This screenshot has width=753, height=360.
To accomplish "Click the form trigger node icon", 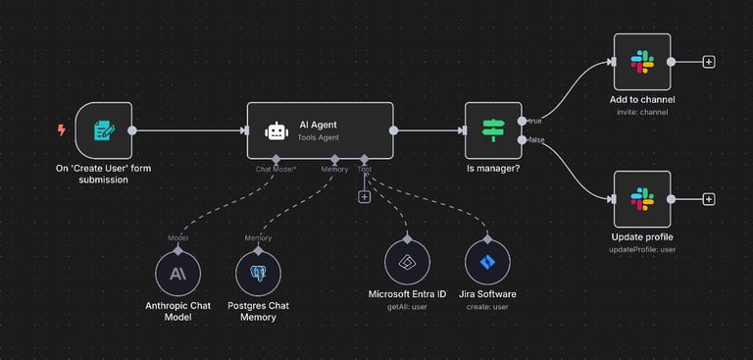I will tap(102, 129).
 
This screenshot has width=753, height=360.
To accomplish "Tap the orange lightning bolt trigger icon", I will tap(62, 129).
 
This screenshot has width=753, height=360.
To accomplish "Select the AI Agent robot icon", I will tap(276, 130).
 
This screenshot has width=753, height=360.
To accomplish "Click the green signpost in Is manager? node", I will tap(492, 129).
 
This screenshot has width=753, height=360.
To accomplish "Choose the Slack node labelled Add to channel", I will tap(642, 62).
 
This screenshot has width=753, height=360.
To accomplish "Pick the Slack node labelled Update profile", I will tap(642, 199).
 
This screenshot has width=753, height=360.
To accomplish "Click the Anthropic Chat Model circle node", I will tap(177, 274).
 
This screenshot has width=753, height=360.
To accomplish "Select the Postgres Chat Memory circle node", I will tap(259, 274).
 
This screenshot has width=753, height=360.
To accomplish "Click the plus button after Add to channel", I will tap(709, 62).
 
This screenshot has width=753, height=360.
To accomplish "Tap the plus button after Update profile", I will tap(709, 199).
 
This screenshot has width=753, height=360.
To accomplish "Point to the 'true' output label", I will tap(535, 121).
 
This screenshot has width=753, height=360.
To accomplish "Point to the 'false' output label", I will tap(536, 140).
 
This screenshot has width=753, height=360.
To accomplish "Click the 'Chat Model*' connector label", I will tap(276, 169).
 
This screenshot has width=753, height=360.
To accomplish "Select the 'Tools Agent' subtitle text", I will tap(321, 139).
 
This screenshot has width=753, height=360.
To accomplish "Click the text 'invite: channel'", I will tap(643, 113).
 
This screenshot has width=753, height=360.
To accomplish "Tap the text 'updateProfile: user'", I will tap(642, 250).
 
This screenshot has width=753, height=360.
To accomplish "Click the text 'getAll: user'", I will tap(407, 306).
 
